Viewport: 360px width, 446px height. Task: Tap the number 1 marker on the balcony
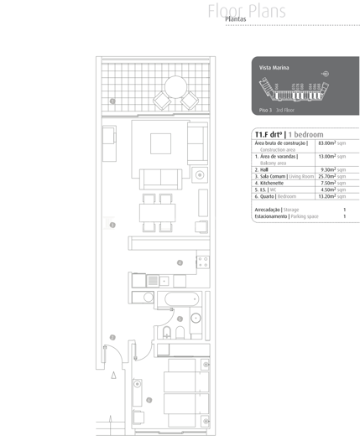point(112,101)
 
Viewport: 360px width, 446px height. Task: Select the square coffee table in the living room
point(161,143)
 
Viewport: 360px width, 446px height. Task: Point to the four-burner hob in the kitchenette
point(202,262)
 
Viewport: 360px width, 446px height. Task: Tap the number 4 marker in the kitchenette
point(179,263)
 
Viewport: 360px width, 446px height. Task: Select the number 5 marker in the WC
point(180,319)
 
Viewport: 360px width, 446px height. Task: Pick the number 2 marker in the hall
point(113,338)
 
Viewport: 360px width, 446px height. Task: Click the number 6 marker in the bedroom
point(149,400)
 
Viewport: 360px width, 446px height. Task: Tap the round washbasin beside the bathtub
point(195,317)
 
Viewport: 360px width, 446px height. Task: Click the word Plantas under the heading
point(242,19)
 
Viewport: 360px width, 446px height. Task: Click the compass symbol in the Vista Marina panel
point(326,74)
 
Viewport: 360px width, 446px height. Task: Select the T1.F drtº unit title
point(268,133)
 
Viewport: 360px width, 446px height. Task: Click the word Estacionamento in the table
point(269,216)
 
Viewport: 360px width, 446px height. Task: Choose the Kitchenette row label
point(277,183)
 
